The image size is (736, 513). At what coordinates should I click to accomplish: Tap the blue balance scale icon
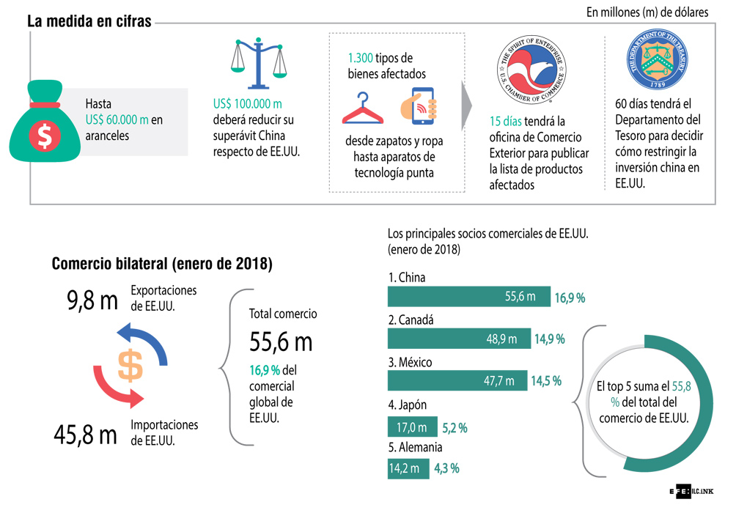coord(258,62)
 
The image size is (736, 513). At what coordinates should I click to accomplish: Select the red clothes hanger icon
coord(363,108)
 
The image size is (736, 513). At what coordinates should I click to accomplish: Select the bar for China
coord(468,297)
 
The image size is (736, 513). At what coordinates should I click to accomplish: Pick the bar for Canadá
coord(459,339)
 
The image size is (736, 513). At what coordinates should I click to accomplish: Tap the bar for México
coord(457,381)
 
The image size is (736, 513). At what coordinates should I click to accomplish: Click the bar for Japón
coord(412,427)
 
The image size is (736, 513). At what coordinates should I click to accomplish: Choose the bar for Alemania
coord(408,468)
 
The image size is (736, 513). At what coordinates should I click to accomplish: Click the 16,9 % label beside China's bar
coord(570,298)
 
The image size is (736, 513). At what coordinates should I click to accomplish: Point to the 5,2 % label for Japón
coord(455,428)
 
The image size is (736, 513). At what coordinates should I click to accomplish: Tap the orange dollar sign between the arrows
coord(130,366)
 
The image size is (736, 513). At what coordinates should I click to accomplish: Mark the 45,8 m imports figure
coord(85,435)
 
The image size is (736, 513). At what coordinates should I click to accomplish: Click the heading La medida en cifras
coord(89,22)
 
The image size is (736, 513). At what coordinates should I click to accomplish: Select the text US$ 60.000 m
coord(117,119)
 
